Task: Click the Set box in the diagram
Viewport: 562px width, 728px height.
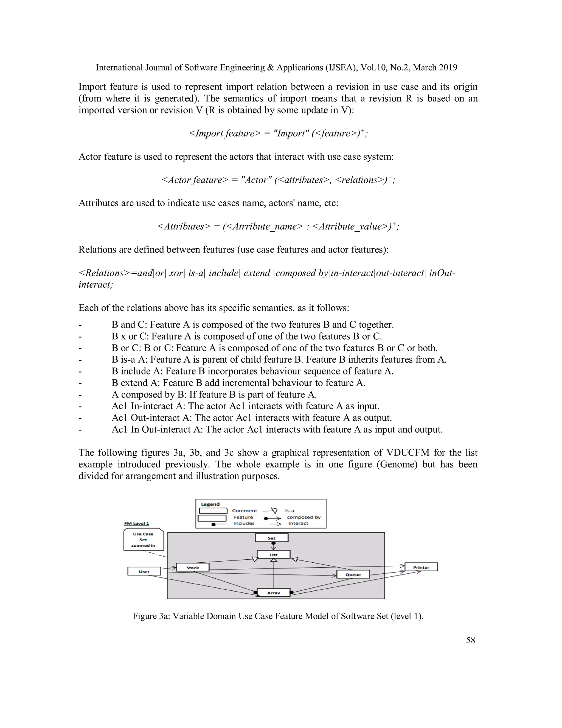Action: pyautogui.click(x=271, y=538)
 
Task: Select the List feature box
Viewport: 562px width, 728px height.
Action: pyautogui.click(x=273, y=555)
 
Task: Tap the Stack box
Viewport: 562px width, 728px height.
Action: pyautogui.click(x=192, y=567)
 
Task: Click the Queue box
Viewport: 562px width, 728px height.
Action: pyautogui.click(x=353, y=574)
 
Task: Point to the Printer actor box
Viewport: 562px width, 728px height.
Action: pyautogui.click(x=421, y=567)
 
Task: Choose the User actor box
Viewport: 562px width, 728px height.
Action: pyautogui.click(x=144, y=571)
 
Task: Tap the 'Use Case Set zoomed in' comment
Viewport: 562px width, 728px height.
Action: pyautogui.click(x=143, y=540)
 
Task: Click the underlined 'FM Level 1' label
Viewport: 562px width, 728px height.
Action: pyautogui.click(x=136, y=523)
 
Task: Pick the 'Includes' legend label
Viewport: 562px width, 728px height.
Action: pyautogui.click(x=244, y=523)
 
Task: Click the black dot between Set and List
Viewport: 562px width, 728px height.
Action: pyautogui.click(x=273, y=543)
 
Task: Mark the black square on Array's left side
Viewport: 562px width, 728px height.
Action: pyautogui.click(x=255, y=593)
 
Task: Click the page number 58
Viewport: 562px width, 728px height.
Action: pyautogui.click(x=470, y=640)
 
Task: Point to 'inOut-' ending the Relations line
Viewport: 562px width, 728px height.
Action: pyautogui.click(x=442, y=273)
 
